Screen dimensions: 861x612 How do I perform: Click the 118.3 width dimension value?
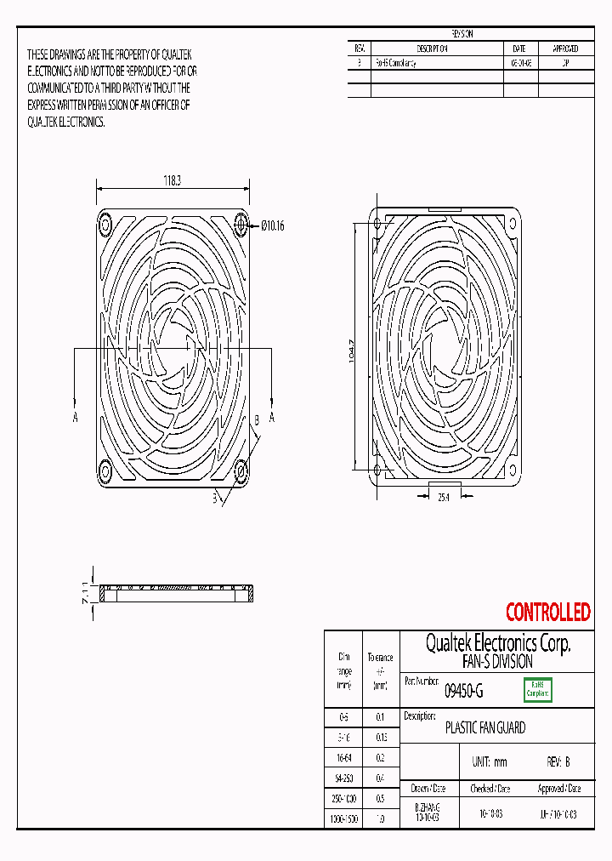pos(172,180)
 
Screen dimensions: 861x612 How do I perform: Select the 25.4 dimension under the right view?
pos(443,497)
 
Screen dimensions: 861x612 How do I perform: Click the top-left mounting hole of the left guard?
pos(105,225)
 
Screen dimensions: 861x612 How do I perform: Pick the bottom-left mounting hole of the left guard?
pos(105,470)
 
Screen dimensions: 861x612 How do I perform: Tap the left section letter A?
pos(76,417)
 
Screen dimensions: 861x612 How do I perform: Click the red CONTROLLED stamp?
pos(547,612)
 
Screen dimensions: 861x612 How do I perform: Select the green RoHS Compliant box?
pos(537,690)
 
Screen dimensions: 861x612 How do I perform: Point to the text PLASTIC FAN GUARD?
pos(485,728)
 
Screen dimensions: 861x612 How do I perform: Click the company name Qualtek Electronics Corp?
pos(497,643)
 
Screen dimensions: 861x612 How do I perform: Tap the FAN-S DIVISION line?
pos(497,661)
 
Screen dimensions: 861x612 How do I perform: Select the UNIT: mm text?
pos(489,762)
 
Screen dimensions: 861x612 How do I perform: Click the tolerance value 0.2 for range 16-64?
pos(380,756)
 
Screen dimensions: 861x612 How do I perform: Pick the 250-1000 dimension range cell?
pos(343,798)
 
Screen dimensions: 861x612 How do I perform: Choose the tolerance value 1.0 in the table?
pos(380,818)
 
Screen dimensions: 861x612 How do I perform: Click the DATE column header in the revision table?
pos(519,48)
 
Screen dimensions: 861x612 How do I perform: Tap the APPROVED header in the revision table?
pos(565,48)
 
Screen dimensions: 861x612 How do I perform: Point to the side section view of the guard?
pos(178,592)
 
